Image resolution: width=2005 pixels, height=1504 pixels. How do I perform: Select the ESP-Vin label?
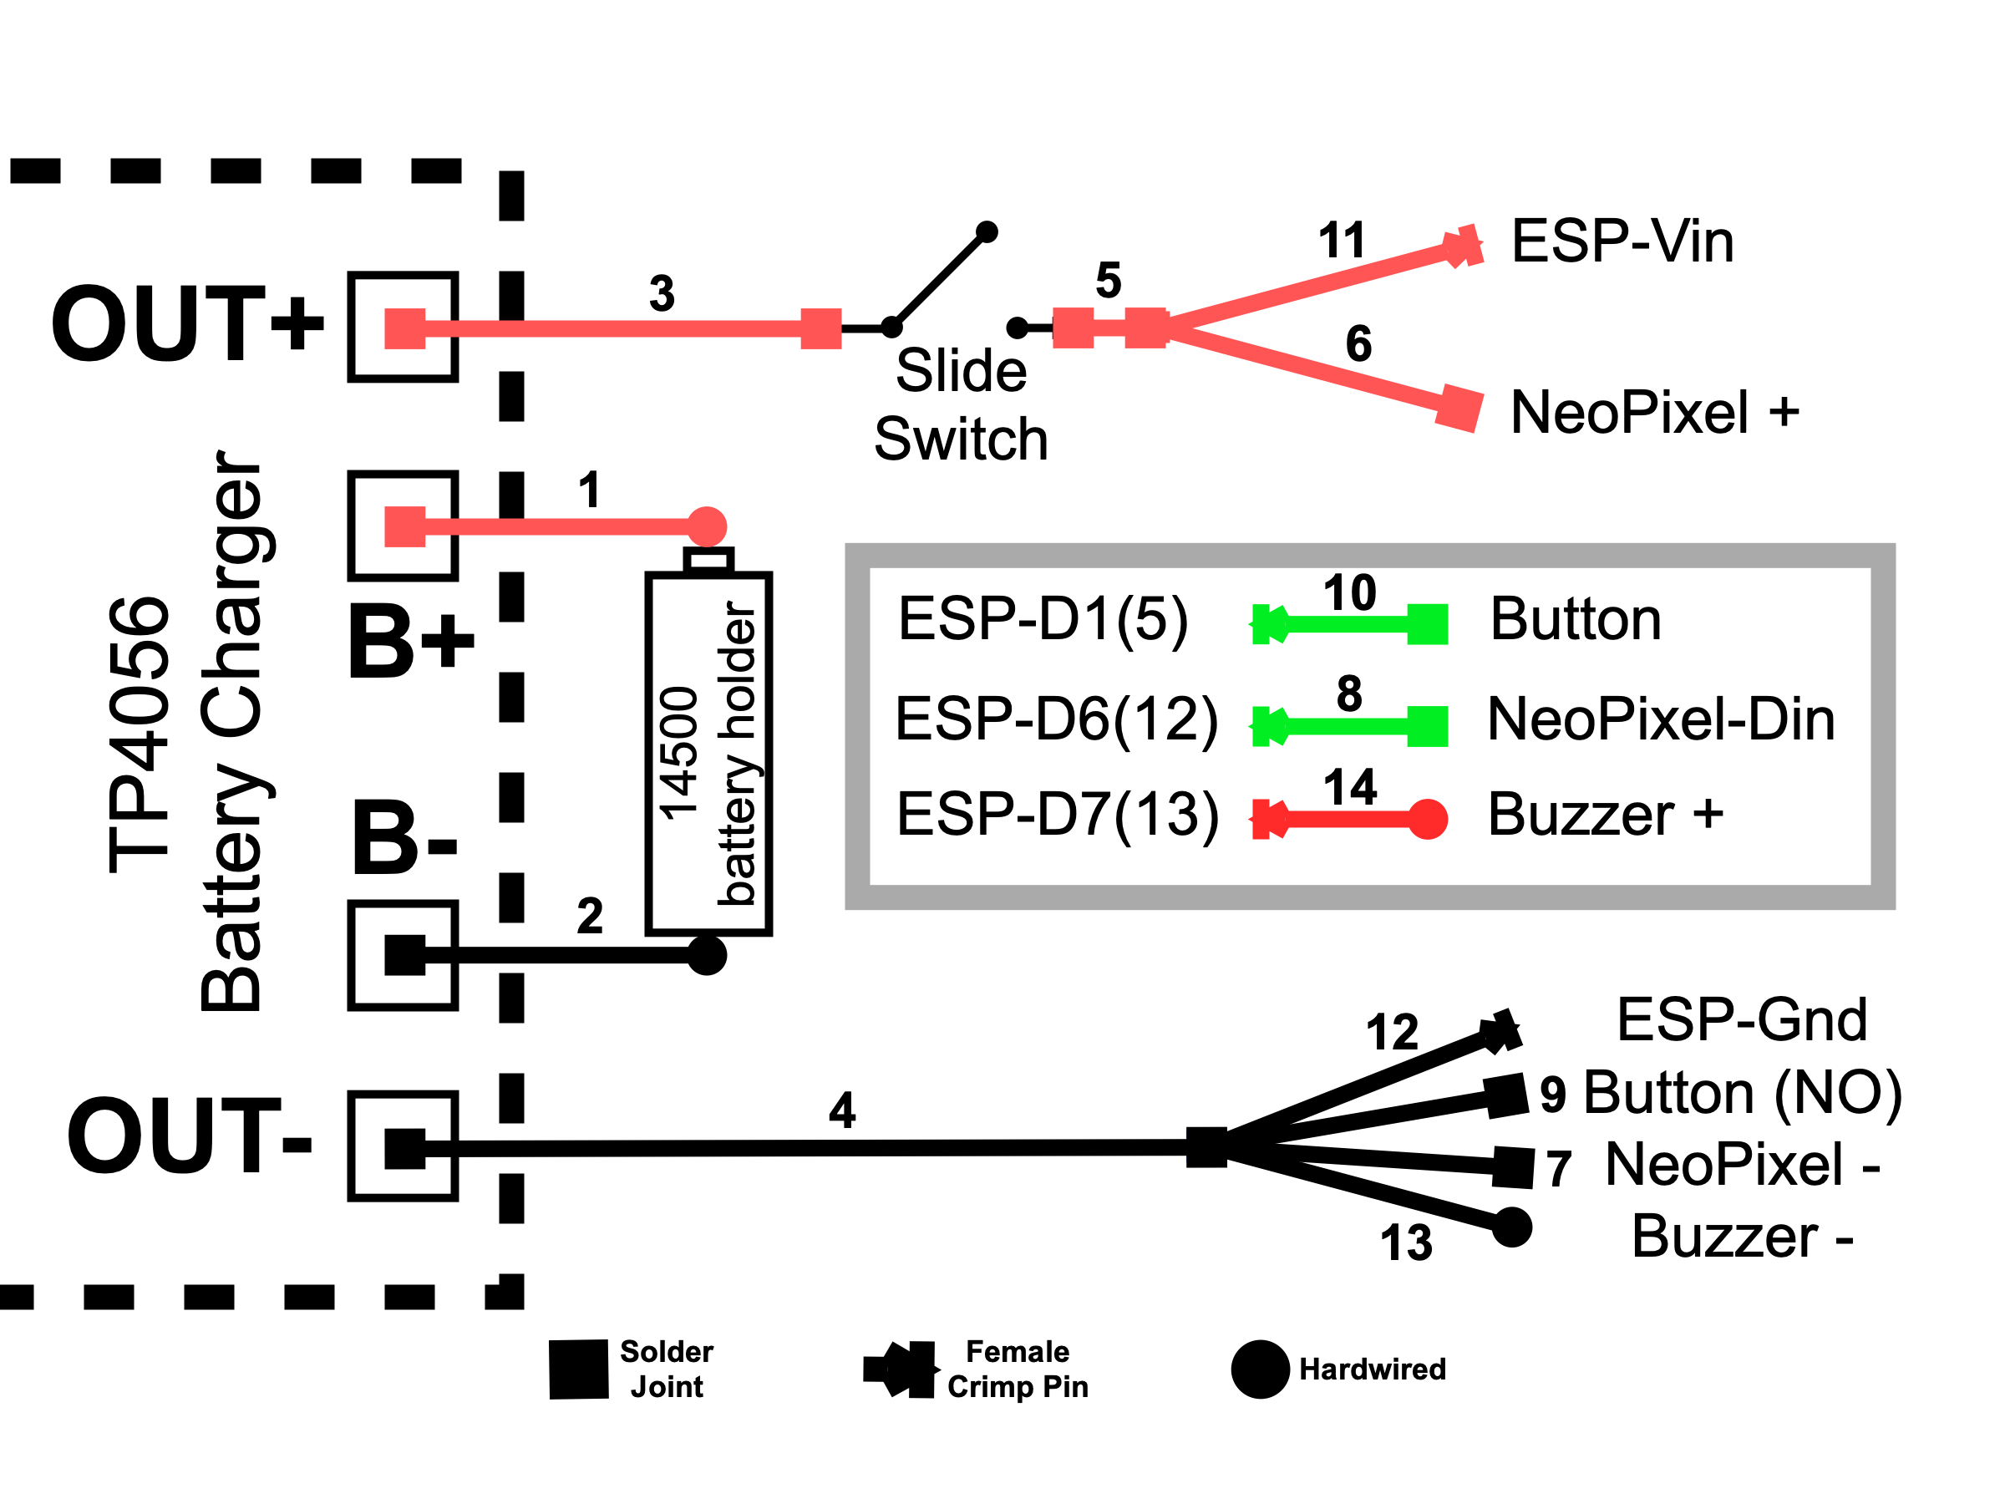pyautogui.click(x=1622, y=242)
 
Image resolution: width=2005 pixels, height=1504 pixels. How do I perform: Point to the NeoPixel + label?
pyautogui.click(x=1654, y=413)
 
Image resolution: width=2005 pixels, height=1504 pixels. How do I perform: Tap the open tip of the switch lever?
pyautogui.click(x=987, y=232)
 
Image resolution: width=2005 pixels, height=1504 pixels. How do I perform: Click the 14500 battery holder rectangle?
pyautogui.click(x=708, y=753)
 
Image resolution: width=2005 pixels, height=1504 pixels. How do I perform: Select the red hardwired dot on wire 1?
pyautogui.click(x=707, y=526)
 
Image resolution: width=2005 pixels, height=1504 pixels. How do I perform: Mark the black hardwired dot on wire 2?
pyautogui.click(x=707, y=954)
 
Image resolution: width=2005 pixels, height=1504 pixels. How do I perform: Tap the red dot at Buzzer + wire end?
pyautogui.click(x=1427, y=820)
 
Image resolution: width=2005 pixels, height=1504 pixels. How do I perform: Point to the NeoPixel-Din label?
pyautogui.click(x=1661, y=719)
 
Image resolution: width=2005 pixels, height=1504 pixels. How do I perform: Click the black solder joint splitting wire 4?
pyautogui.click(x=1206, y=1147)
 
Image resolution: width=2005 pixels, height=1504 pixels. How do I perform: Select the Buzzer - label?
pyautogui.click(x=1741, y=1237)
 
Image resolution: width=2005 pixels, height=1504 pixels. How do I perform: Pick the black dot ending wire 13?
pyautogui.click(x=1511, y=1227)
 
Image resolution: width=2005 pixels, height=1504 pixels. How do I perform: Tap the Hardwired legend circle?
pyautogui.click(x=1260, y=1369)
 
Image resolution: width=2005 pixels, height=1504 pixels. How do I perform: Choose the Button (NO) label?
pyautogui.click(x=1742, y=1092)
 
